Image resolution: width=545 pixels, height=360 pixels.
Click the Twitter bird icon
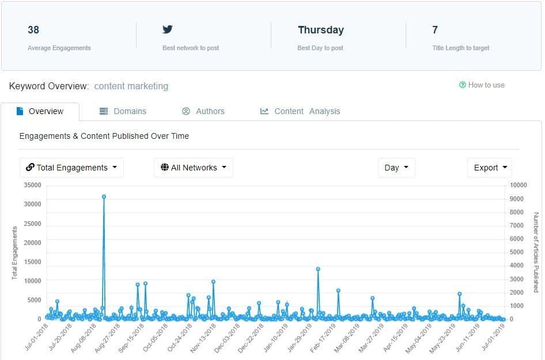168,29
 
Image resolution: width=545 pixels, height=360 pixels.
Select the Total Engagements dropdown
71,168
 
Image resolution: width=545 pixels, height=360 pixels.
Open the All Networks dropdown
194,168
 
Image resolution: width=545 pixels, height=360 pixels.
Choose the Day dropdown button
396,168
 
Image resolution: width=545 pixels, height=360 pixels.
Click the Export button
489,168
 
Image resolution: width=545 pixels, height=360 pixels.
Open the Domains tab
123,111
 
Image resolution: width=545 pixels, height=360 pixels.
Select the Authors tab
203,111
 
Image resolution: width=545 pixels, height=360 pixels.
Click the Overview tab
40,111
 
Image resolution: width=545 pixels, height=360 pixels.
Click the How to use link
482,85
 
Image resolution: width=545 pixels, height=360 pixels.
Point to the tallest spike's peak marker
104,196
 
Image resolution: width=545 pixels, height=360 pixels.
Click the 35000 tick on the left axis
32,185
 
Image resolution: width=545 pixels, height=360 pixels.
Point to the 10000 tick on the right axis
518,185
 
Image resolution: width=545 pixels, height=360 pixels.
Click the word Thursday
320,30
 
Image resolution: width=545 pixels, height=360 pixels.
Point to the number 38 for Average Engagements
33,30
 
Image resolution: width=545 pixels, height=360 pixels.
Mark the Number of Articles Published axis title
536,252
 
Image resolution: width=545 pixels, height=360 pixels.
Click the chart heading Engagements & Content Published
104,136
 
